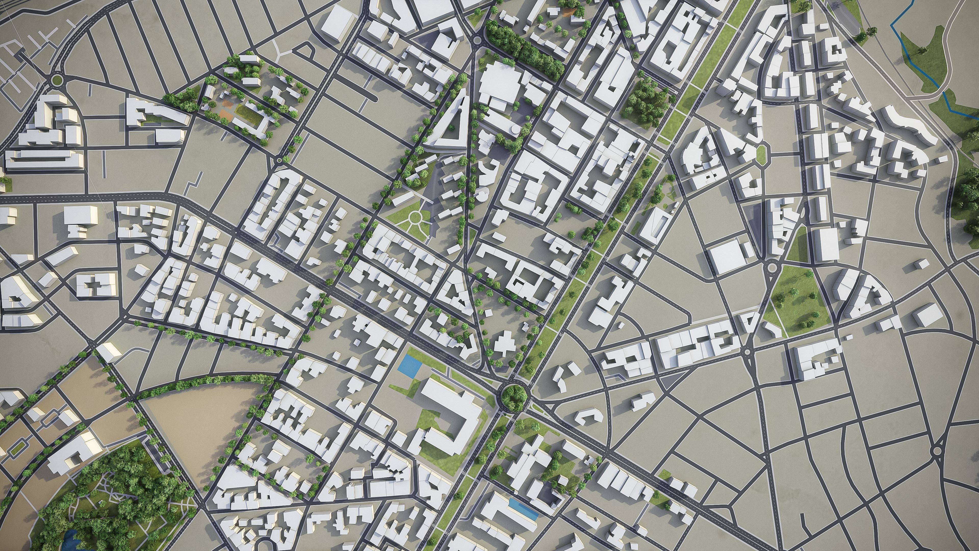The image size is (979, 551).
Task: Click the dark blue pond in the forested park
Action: (x=68, y=538)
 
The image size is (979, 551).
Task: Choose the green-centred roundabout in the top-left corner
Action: (x=57, y=80)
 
